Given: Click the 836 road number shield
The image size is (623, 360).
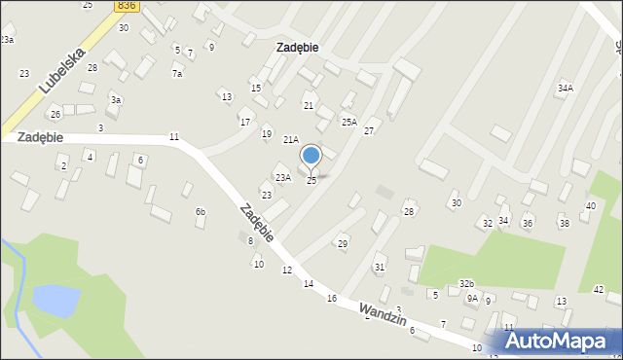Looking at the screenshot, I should (x=126, y=6).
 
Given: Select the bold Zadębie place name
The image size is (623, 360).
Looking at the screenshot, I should (x=298, y=47).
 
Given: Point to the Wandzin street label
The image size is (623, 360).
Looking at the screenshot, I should (x=381, y=313).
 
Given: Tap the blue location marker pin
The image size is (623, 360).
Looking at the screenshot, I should (x=311, y=157).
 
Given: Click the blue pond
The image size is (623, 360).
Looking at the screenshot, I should (x=55, y=300).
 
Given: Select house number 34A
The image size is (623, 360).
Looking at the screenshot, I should (x=565, y=88).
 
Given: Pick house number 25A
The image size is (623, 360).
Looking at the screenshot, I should (x=348, y=122).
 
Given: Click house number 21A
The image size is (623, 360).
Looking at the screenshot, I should (x=290, y=140).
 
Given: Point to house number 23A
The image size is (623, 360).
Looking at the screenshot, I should (x=283, y=177).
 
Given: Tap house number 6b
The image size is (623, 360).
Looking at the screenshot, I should (x=201, y=211).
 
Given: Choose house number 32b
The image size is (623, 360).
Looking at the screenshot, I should (x=467, y=283).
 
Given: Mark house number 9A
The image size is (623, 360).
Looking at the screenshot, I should (x=472, y=299).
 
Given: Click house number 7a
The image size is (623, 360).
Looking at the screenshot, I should (x=177, y=74).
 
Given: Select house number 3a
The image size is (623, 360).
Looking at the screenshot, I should (x=116, y=100).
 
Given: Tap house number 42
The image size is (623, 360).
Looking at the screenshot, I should (x=599, y=289).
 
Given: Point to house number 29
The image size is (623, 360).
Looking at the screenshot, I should (x=343, y=243).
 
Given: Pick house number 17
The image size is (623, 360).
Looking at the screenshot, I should (x=245, y=122).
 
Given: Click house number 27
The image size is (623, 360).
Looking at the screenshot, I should (x=369, y=130).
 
